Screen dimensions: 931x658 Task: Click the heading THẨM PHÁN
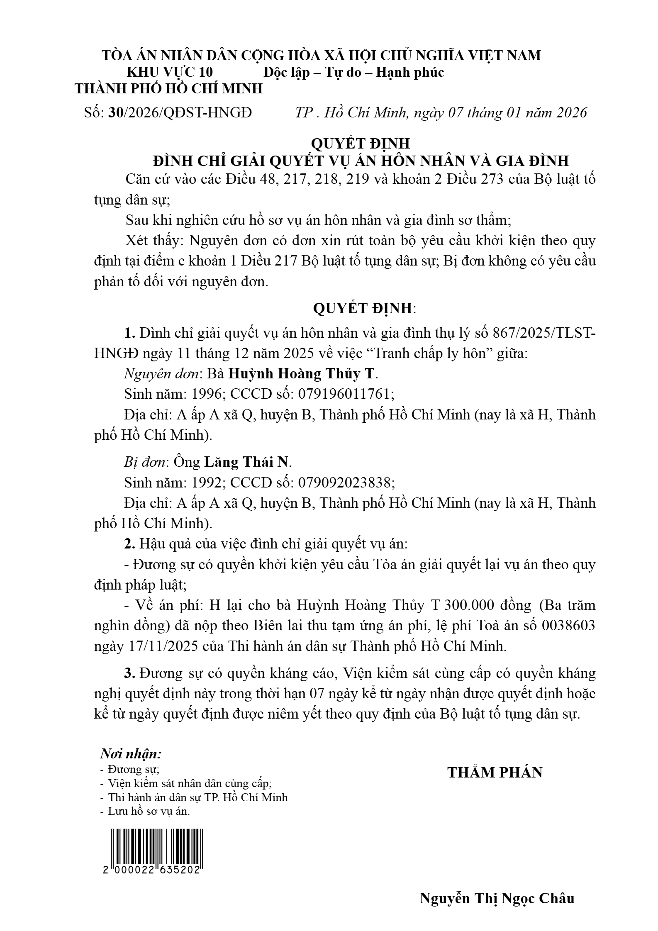tap(495, 772)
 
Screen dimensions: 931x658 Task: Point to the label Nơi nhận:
tap(131, 753)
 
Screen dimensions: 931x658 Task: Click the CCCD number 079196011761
tap(344, 394)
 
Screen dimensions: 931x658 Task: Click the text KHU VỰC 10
tap(170, 72)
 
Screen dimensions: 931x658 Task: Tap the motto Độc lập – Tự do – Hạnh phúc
tap(353, 72)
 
